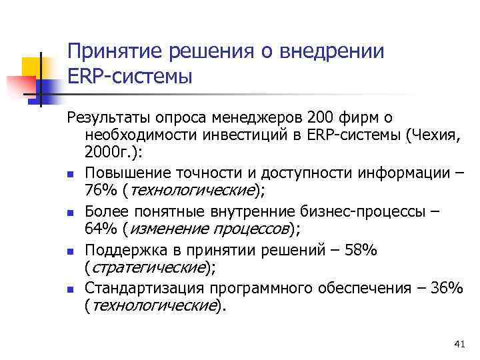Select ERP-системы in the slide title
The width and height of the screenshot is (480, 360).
(x=130, y=76)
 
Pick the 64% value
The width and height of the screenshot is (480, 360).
(x=99, y=230)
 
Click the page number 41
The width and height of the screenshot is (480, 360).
(x=458, y=343)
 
